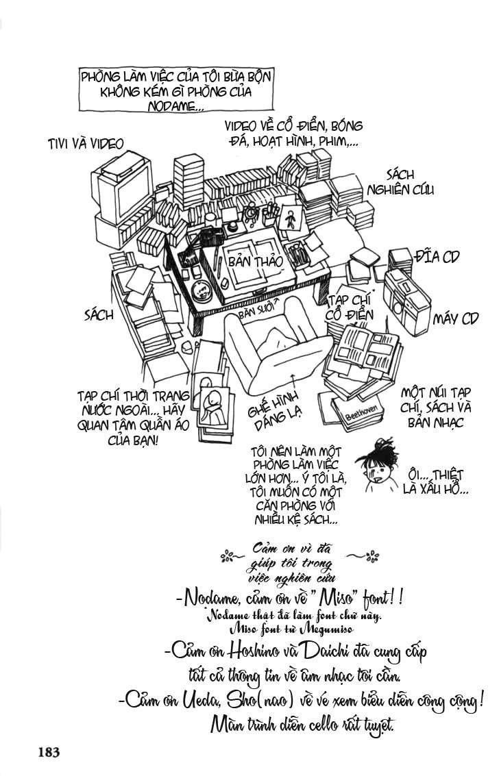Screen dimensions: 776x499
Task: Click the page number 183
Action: [49, 752]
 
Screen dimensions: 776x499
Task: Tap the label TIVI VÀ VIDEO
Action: [86, 143]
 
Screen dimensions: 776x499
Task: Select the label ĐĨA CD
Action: [437, 257]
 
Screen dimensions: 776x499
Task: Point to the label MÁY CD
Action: [455, 318]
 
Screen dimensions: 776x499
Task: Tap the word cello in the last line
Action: [313, 725]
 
